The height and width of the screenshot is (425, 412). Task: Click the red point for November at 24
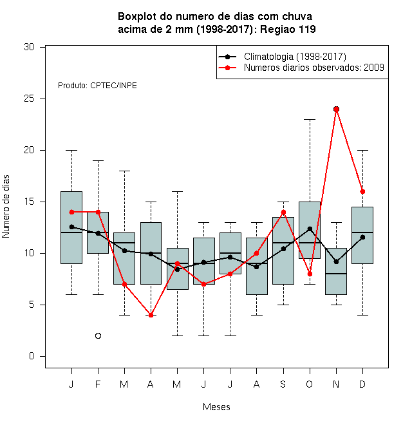pos(336,109)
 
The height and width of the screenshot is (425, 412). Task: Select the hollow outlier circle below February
pos(98,336)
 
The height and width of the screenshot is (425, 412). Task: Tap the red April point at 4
pos(151,316)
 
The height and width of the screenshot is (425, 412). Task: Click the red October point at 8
pos(310,274)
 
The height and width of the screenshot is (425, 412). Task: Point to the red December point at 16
pos(362,192)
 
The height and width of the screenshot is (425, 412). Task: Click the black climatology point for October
pos(310,229)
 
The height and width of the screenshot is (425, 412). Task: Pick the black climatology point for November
pos(336,262)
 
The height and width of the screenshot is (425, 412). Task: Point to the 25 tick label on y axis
pos(29,99)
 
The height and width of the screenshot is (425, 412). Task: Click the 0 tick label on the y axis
pos(32,356)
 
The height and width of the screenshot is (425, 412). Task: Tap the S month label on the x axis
pos(283,384)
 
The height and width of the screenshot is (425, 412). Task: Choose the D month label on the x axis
pos(362,384)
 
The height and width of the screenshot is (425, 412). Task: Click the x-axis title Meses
pos(216,407)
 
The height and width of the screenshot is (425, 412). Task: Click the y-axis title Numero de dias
pos(6,207)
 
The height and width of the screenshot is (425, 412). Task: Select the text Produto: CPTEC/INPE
pos(97,86)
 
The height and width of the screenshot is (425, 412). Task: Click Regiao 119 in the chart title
pos(288,29)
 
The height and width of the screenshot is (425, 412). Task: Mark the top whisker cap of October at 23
pos(310,119)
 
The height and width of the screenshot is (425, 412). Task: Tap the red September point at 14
pos(283,212)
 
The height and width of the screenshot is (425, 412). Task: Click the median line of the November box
pos(336,274)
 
